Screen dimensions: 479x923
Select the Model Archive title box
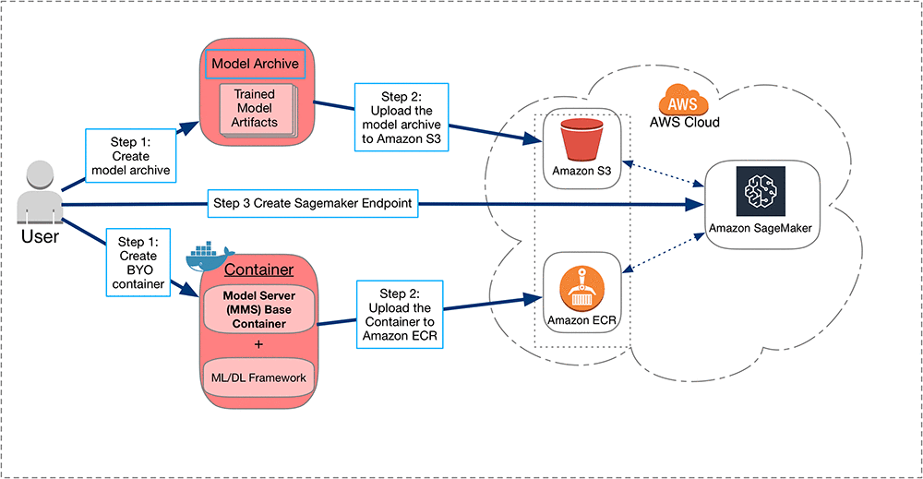click(255, 65)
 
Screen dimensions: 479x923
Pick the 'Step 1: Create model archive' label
click(130, 154)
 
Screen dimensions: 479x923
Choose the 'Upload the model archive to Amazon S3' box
click(401, 118)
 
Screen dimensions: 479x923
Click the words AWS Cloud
click(684, 122)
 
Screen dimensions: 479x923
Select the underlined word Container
click(259, 269)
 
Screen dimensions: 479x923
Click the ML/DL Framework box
click(258, 376)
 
